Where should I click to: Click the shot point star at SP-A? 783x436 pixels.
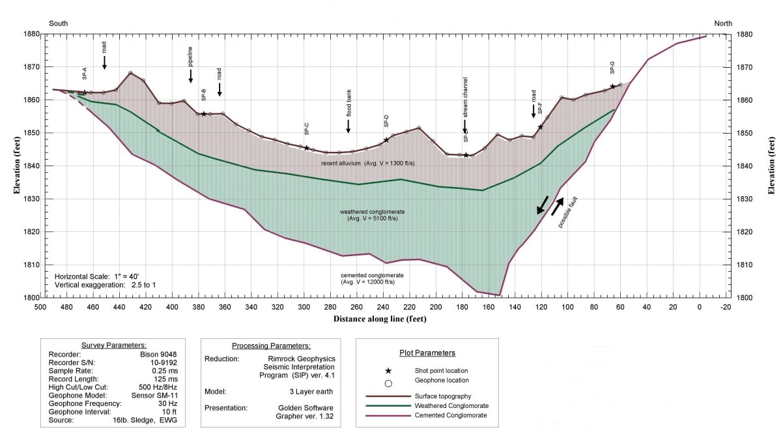point(85,93)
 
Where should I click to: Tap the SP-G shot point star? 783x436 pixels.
point(612,86)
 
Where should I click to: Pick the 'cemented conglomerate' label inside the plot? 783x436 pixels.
point(367,278)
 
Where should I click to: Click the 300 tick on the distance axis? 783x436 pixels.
point(304,306)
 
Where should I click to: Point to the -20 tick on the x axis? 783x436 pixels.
point(726,306)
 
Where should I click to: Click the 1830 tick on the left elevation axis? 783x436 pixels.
point(30,199)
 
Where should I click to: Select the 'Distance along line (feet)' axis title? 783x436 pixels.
point(380,319)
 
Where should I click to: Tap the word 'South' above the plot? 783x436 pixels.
point(58,23)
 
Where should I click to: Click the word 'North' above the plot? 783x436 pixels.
point(723,23)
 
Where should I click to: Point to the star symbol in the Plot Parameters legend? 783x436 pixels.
point(388,370)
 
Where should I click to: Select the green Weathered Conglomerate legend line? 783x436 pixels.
point(388,405)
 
